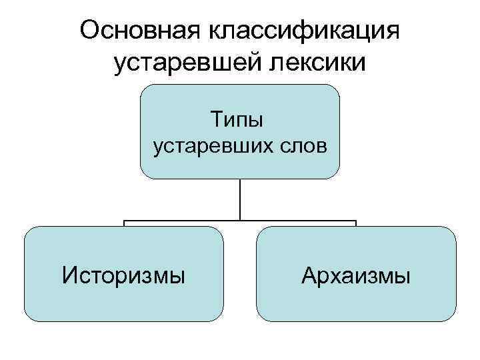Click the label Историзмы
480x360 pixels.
(x=124, y=274)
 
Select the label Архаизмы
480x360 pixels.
(x=356, y=274)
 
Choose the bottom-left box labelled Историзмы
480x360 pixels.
(x=124, y=300)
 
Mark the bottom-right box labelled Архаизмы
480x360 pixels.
(x=356, y=300)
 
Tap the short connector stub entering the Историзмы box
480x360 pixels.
(x=124, y=223)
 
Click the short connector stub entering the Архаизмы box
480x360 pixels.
(x=356, y=223)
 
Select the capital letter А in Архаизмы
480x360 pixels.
(x=309, y=274)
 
